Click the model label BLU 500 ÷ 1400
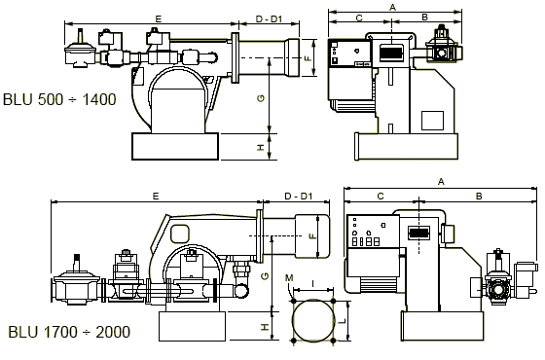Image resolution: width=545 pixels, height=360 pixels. pyautogui.click(x=59, y=99)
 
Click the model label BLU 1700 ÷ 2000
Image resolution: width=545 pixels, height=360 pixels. pyautogui.click(x=69, y=332)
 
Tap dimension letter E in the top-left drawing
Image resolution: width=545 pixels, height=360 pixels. pyautogui.click(x=159, y=19)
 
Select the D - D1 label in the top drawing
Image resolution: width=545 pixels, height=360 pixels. pyautogui.click(x=269, y=19)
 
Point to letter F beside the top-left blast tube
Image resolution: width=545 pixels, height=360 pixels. pyautogui.click(x=308, y=58)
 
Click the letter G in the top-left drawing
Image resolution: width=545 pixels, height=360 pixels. pyautogui.click(x=261, y=98)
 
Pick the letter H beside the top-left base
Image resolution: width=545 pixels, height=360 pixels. pyautogui.click(x=261, y=147)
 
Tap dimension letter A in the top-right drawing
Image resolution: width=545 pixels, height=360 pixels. pyautogui.click(x=393, y=7)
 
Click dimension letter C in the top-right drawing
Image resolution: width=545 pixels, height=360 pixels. pyautogui.click(x=359, y=18)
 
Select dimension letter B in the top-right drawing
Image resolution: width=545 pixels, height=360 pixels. pyautogui.click(x=424, y=18)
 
